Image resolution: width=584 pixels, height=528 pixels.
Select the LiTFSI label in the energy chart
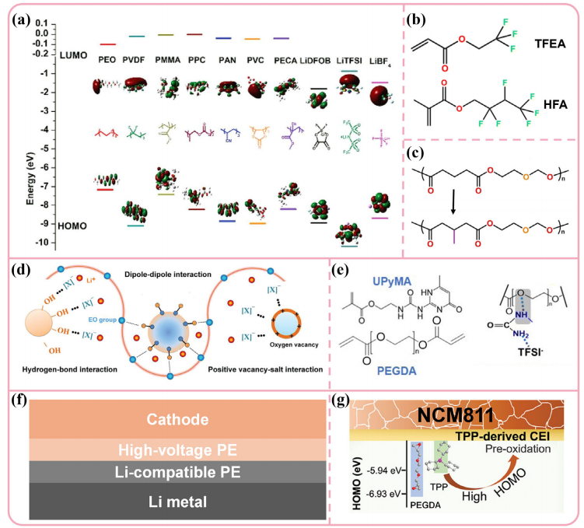350,59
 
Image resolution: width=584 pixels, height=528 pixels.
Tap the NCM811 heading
456,413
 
